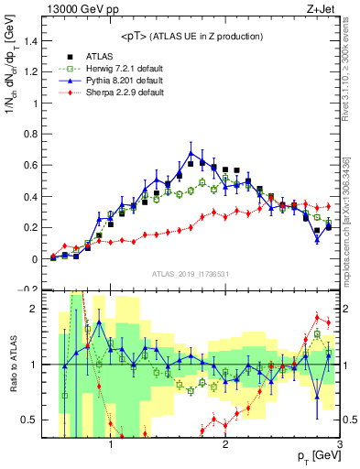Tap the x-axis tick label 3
[x=340, y=445]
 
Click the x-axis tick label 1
[x=111, y=445]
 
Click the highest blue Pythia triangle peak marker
[x=191, y=153]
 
